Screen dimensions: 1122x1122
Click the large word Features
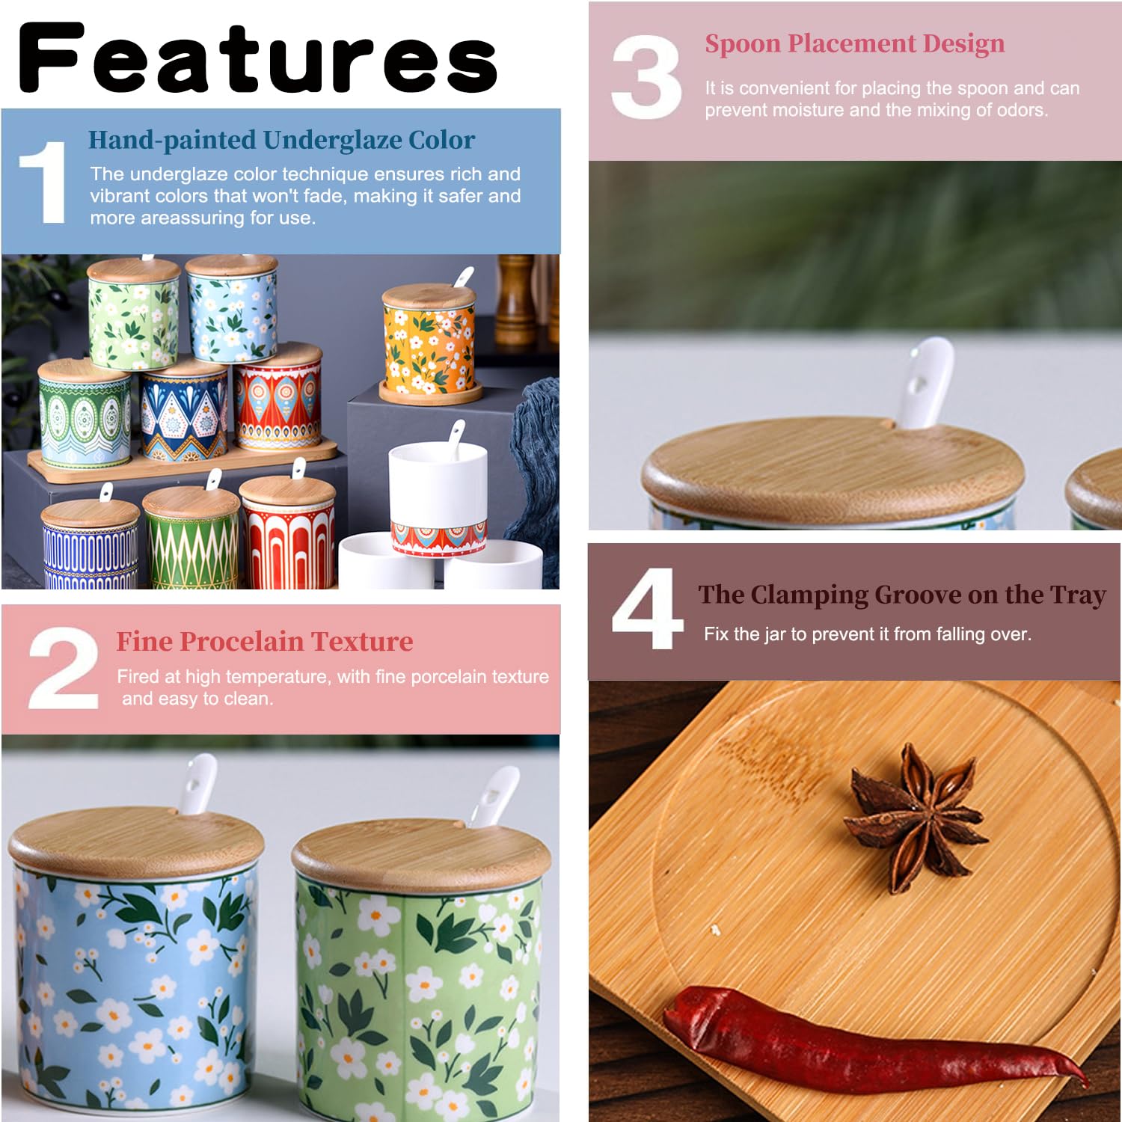[258, 58]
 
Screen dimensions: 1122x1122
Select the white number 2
[64, 668]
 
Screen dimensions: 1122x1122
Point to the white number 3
[646, 77]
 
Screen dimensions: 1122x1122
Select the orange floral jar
[429, 340]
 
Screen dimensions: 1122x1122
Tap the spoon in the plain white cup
[455, 439]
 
